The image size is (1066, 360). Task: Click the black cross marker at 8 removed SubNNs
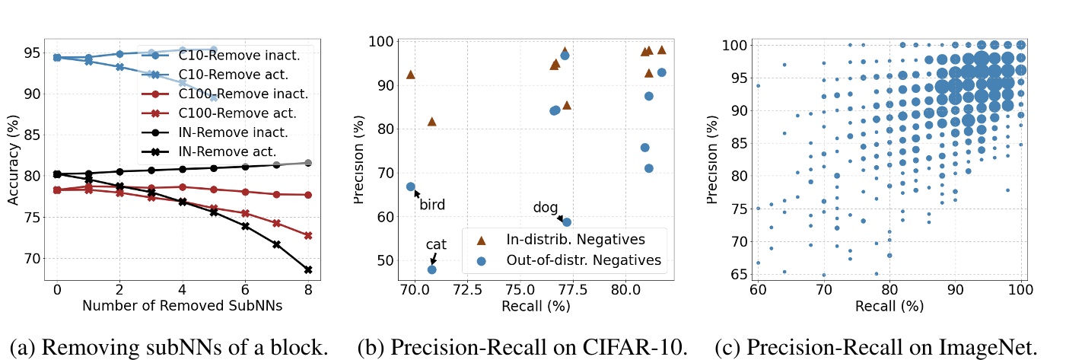point(308,269)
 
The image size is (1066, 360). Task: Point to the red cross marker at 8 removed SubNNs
point(308,235)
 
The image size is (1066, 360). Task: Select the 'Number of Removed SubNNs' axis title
point(183,307)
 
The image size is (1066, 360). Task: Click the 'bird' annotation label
point(432,205)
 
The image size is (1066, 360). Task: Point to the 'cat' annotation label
point(436,244)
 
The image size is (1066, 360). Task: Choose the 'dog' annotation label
point(545,207)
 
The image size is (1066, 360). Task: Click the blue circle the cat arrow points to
point(431,269)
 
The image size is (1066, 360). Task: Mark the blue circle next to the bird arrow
point(410,186)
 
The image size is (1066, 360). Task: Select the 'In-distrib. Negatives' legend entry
point(575,240)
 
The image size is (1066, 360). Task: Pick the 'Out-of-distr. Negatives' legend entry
point(584,261)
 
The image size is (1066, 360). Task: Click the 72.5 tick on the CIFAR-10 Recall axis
point(466,290)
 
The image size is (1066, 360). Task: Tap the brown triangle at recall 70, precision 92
point(411,75)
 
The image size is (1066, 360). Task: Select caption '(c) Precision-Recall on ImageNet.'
point(877,347)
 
